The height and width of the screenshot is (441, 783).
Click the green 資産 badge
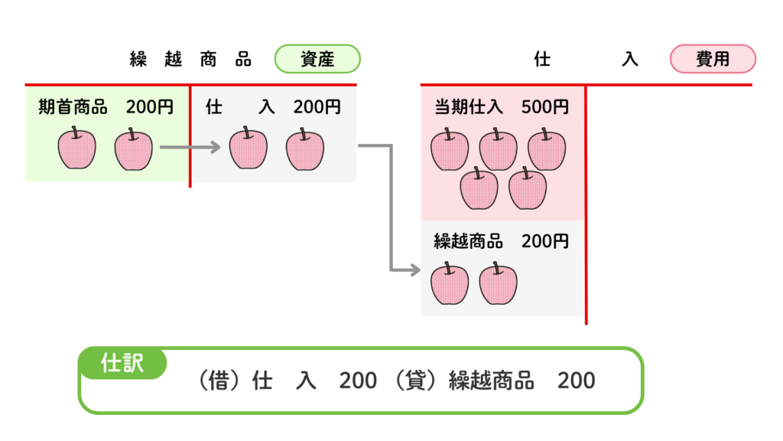tap(317, 59)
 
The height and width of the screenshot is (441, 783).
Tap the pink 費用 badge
tap(713, 59)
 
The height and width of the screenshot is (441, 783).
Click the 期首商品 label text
tap(73, 107)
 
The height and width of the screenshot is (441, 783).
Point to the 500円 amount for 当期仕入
tap(545, 107)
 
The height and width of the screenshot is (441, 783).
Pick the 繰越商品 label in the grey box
tap(469, 241)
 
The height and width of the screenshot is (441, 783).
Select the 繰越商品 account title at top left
tap(190, 60)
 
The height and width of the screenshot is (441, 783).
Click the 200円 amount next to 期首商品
tap(150, 107)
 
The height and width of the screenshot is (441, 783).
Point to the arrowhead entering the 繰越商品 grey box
tap(415, 269)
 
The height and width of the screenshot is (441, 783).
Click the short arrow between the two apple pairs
tap(191, 146)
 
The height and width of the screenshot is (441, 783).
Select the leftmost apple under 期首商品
tap(76, 149)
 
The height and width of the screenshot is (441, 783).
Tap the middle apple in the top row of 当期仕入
tap(498, 149)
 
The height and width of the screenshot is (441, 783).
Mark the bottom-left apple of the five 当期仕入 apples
tap(479, 188)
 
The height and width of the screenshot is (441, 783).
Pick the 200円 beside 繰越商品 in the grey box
tap(545, 241)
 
